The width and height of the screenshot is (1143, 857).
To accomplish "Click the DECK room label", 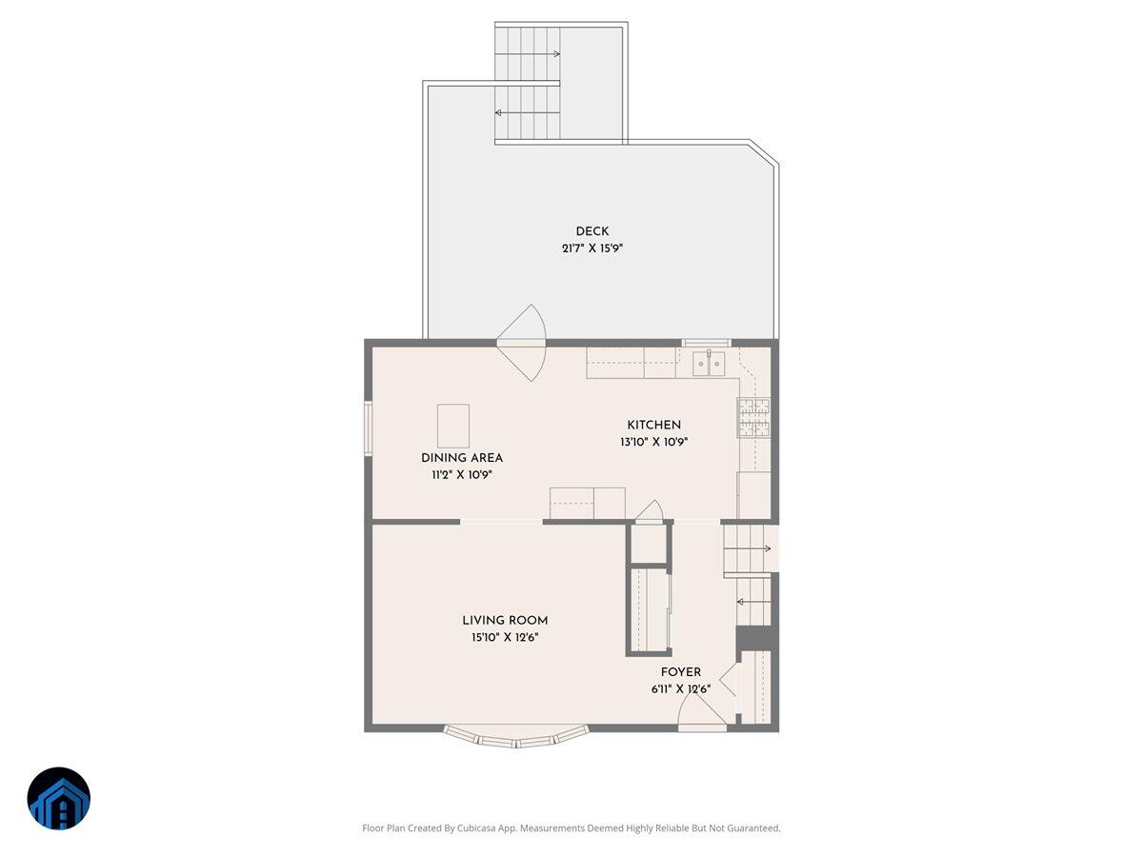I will click(592, 231).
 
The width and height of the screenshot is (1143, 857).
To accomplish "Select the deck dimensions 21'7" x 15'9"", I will click(592, 249).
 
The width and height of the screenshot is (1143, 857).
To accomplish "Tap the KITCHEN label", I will click(653, 425).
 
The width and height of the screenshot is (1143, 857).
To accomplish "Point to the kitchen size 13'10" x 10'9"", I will click(653, 442).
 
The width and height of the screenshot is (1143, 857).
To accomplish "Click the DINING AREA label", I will click(462, 458).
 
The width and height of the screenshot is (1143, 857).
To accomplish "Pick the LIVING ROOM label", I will click(505, 621).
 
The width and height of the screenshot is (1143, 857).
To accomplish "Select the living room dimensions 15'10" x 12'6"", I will click(505, 638).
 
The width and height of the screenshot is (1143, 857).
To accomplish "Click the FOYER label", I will click(681, 672).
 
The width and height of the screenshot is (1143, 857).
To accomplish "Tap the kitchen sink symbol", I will click(709, 363).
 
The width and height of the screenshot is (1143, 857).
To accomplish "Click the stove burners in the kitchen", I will click(753, 418).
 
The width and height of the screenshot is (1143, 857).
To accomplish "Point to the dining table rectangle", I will click(453, 426).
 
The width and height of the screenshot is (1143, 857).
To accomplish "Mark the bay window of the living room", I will click(515, 737).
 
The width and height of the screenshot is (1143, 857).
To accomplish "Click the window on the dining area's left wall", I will click(368, 428).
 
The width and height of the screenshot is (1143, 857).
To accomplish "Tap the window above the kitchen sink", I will click(707, 342).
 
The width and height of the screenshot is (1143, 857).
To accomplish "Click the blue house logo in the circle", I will click(59, 799).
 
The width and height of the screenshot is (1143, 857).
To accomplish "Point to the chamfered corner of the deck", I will click(764, 156).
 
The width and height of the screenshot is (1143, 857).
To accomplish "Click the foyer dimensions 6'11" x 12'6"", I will click(681, 689).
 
